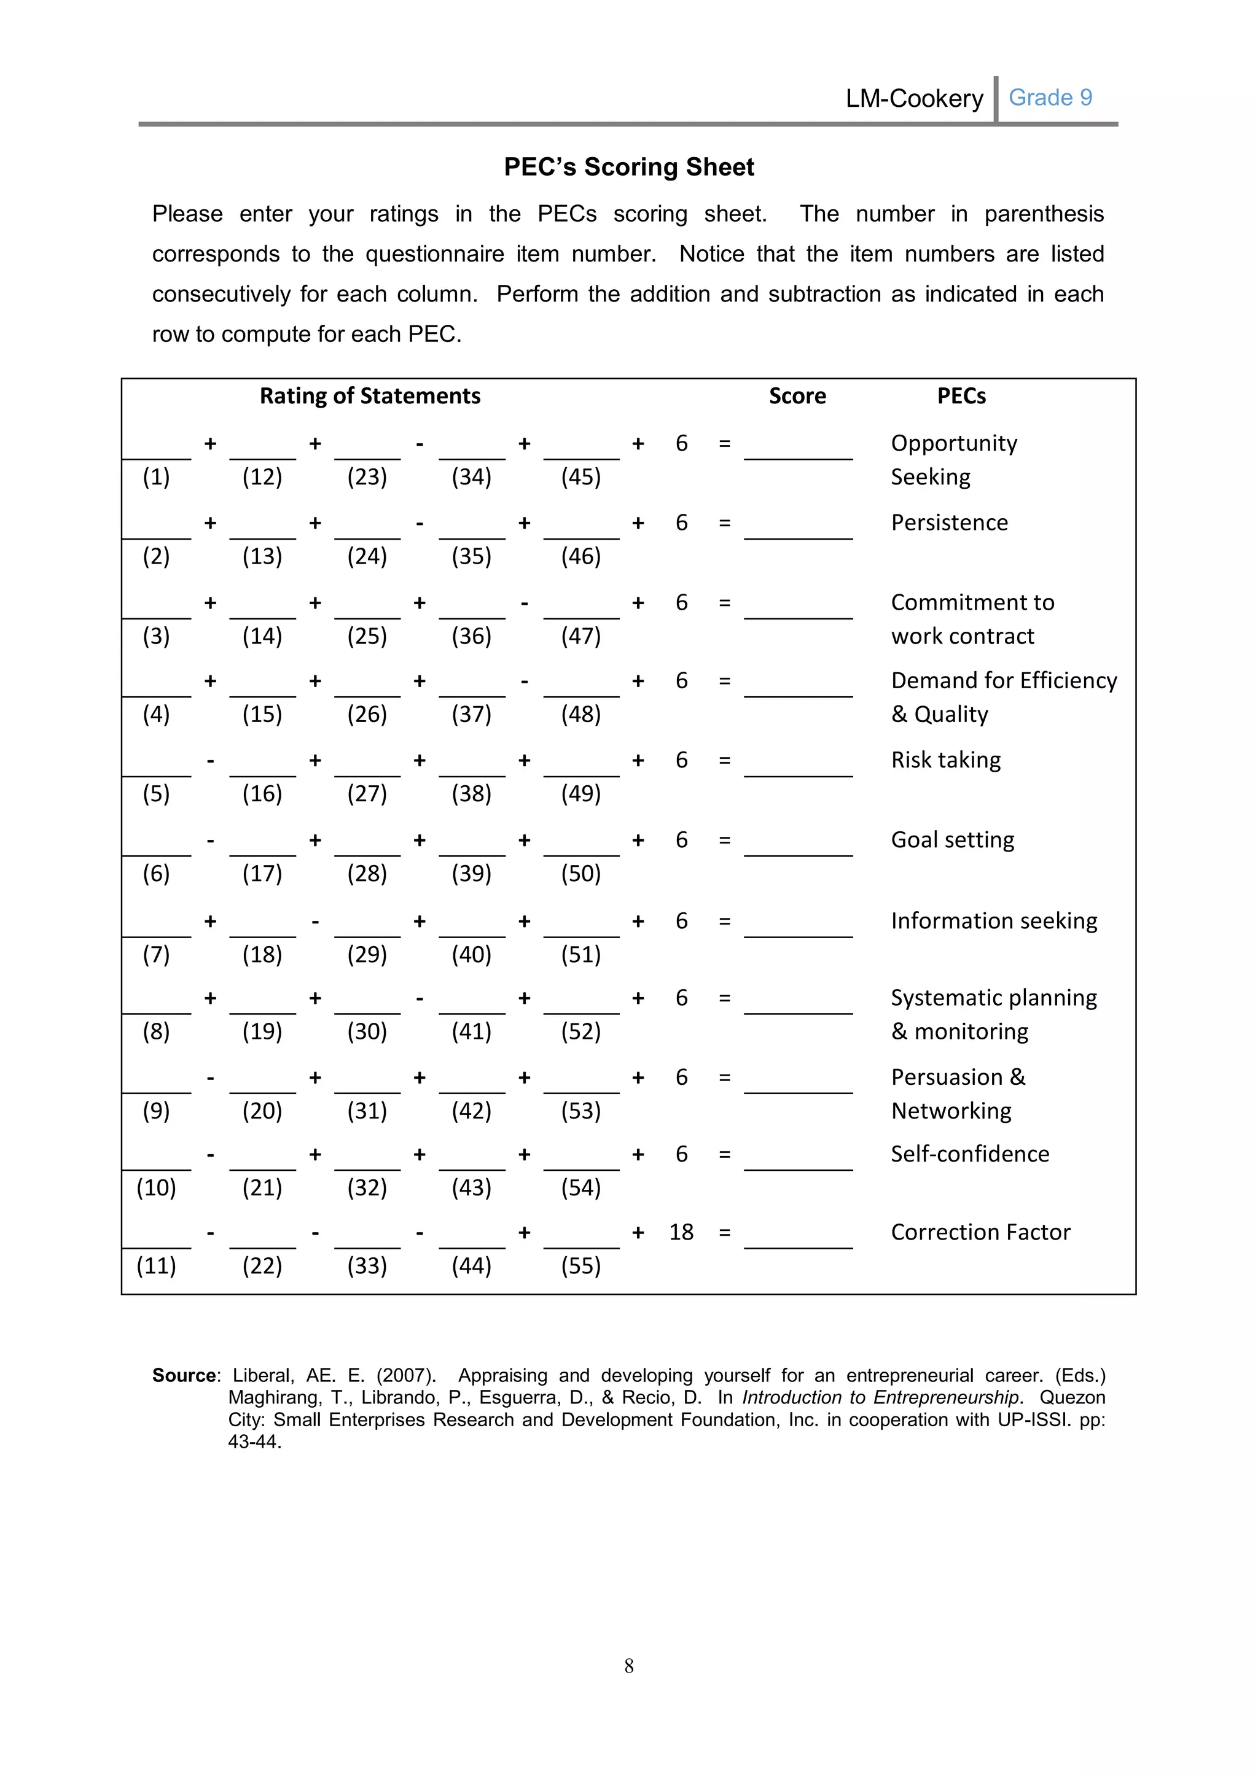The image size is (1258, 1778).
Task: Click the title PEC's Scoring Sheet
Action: tap(628, 167)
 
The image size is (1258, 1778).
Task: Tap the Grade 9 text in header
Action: tap(1050, 98)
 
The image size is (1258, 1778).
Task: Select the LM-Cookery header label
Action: tap(914, 99)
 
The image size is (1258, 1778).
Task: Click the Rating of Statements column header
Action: tap(370, 397)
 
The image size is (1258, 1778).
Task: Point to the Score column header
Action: tap(797, 397)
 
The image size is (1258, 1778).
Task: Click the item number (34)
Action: tap(471, 477)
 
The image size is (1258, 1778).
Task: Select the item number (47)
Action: tap(580, 637)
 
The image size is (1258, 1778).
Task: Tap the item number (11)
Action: tap(157, 1266)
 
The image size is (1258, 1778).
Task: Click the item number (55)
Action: tap(580, 1266)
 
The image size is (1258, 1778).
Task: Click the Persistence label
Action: tap(949, 522)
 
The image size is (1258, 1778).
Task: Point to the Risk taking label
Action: tap(945, 761)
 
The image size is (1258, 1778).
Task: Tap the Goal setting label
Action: tap(952, 840)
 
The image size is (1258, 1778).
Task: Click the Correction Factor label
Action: tap(980, 1232)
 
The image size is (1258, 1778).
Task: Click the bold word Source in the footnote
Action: tap(184, 1375)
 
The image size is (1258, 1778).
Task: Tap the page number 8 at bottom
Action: tap(628, 1666)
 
